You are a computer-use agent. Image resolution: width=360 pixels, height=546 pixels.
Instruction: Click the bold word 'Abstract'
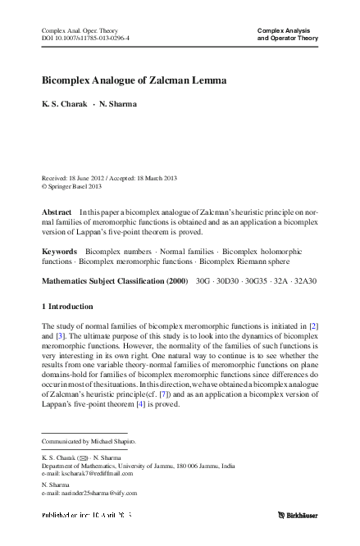tap(56, 212)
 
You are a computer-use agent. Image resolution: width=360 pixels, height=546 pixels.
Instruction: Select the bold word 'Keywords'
tap(59, 251)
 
